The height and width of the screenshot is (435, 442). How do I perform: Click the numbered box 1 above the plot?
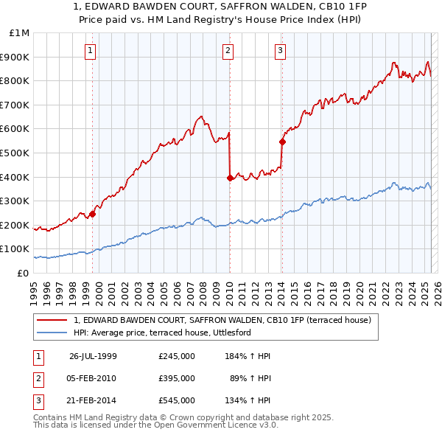pyautogui.click(x=90, y=51)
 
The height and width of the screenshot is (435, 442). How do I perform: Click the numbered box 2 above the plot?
pyautogui.click(x=228, y=51)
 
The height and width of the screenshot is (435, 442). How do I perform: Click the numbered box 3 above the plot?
pyautogui.click(x=281, y=51)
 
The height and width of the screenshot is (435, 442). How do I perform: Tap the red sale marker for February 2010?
pyautogui.click(x=230, y=177)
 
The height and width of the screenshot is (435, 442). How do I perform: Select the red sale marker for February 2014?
pyautogui.click(x=282, y=141)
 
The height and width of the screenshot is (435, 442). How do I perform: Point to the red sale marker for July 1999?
pyautogui.click(x=93, y=214)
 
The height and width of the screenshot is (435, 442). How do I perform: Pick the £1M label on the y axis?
pyautogui.click(x=20, y=33)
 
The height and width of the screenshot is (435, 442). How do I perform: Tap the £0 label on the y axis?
pyautogui.click(x=24, y=273)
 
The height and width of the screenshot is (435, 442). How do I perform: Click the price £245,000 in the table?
pyautogui.click(x=176, y=356)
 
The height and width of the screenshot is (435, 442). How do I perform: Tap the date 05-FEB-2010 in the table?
pyautogui.click(x=93, y=378)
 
